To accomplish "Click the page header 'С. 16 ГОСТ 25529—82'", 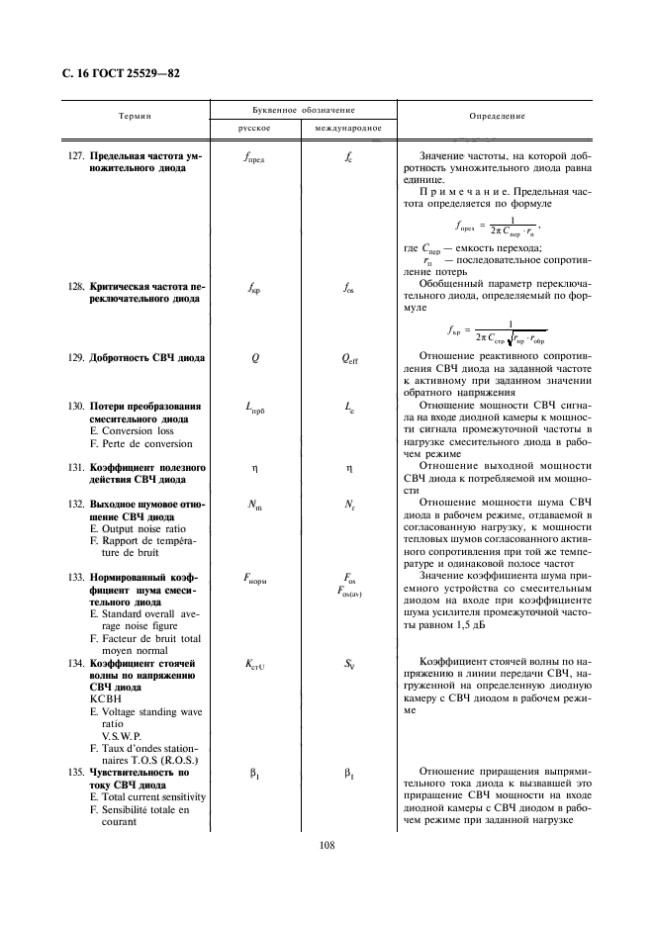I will pyautogui.click(x=112, y=74).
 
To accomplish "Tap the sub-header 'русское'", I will pyautogui.click(x=254, y=129).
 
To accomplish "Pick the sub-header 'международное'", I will pyautogui.click(x=347, y=129).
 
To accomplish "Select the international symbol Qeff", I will pyautogui.click(x=348, y=360).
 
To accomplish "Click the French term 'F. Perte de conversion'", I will pyautogui.click(x=141, y=443).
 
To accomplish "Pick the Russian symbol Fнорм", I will pyautogui.click(x=254, y=578).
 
